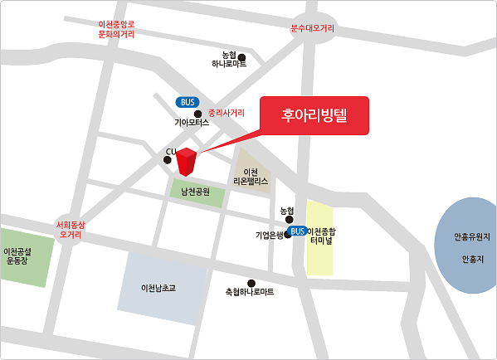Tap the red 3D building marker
pos(188,161)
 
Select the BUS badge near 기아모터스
pos(187,102)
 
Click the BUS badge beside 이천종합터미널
pos(298,231)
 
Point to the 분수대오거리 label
pos(312,28)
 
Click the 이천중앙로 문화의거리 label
pos(116,29)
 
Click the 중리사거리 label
pos(227,112)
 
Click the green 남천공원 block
pos(197,192)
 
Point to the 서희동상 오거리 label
pos(69,228)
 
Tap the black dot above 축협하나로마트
pos(251,283)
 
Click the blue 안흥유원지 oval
pos(465,246)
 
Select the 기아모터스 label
pos(197,123)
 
